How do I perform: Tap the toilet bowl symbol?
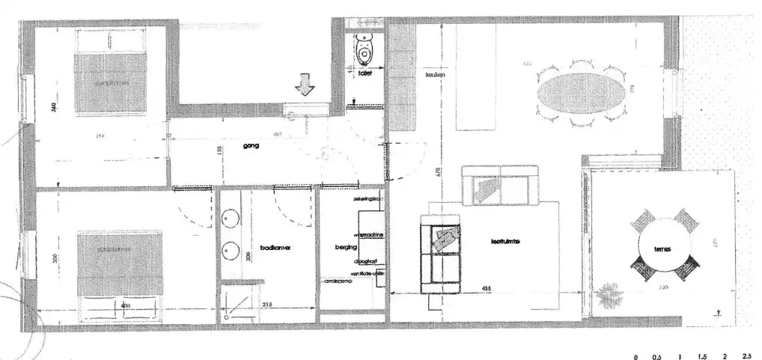[x=365, y=49]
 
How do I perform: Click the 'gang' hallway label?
[x=251, y=146]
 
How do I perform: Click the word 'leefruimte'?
[x=505, y=242]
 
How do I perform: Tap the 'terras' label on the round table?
[x=661, y=249]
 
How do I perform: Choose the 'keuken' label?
[x=436, y=75]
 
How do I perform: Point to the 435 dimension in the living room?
[x=487, y=289]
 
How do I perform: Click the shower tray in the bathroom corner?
[x=239, y=303]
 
